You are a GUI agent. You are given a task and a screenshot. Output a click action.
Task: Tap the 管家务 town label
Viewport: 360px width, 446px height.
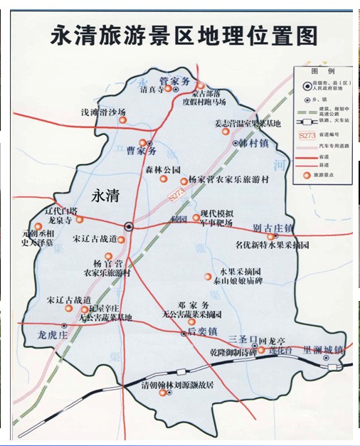(174, 80)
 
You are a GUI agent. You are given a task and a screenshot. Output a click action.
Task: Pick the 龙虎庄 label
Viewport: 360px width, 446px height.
(53, 333)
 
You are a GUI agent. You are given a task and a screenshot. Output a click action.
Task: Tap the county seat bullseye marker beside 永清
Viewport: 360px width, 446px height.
(129, 226)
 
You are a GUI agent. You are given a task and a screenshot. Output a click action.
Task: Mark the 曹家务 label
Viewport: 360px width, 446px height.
(140, 152)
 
